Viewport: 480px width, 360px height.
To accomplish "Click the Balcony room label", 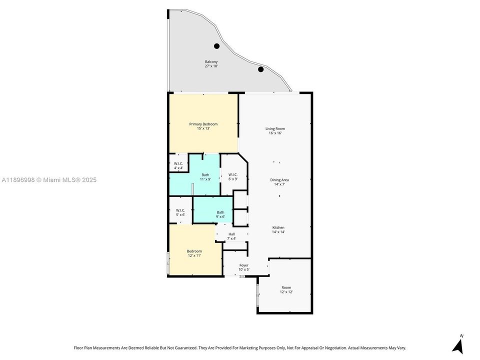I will (x=211, y=64).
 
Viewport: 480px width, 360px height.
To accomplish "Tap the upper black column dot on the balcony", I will (x=217, y=46).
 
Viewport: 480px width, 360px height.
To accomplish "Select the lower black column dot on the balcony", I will (x=260, y=69).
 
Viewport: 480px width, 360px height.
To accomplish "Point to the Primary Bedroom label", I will (x=203, y=126).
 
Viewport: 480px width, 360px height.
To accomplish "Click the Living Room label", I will (x=275, y=131).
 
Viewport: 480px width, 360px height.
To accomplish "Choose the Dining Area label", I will (x=279, y=182).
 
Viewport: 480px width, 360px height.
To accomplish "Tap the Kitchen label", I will (x=278, y=229).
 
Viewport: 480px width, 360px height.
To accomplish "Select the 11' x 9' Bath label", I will (x=205, y=176).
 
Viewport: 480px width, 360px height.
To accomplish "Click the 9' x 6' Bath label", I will (x=220, y=214).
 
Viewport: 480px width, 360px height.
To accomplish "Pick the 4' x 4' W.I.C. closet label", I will (x=178, y=166).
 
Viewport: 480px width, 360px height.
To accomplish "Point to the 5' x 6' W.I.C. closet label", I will (x=180, y=212).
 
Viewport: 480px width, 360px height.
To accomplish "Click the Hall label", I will (x=231, y=236).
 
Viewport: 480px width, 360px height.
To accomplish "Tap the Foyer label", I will (x=244, y=267).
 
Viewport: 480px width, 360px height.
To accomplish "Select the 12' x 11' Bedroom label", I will (x=194, y=253).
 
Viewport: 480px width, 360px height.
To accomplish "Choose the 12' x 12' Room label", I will (x=286, y=289).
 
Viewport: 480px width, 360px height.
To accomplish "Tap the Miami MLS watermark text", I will (x=49, y=180).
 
